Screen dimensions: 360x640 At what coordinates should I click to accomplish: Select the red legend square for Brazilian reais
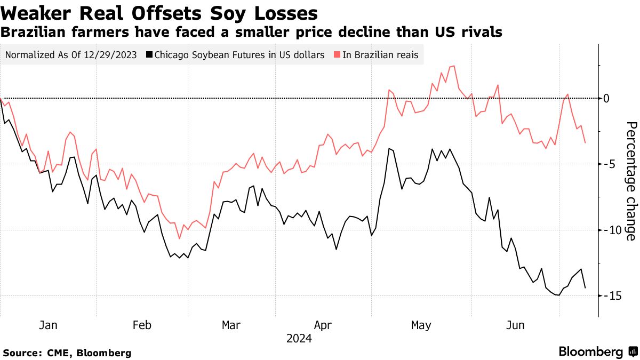337,55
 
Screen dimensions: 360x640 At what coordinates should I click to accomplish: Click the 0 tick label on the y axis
606,98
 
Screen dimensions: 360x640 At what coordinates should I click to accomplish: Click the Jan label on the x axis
48,325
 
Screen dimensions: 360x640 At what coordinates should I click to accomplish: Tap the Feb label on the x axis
142,325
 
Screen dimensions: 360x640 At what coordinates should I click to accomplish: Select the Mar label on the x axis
231,325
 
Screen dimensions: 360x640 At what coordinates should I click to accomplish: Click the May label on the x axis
421,325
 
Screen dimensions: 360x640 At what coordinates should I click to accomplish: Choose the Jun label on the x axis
515,325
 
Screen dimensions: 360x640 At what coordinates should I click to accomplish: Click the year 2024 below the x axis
299,339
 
